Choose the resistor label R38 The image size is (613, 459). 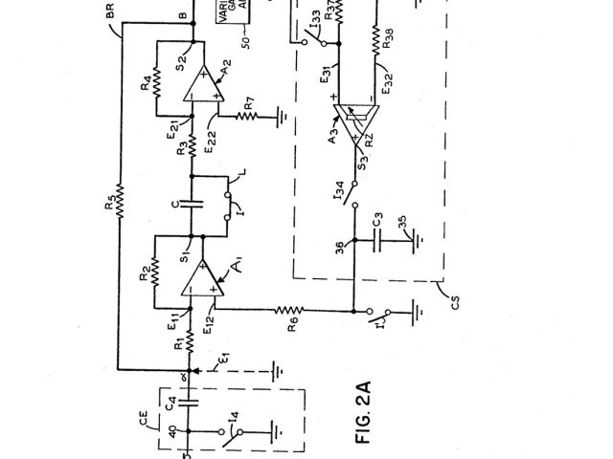(x=387, y=42)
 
